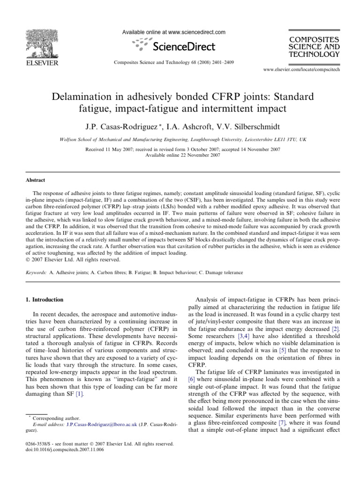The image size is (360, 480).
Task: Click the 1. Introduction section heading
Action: click(x=45, y=300)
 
